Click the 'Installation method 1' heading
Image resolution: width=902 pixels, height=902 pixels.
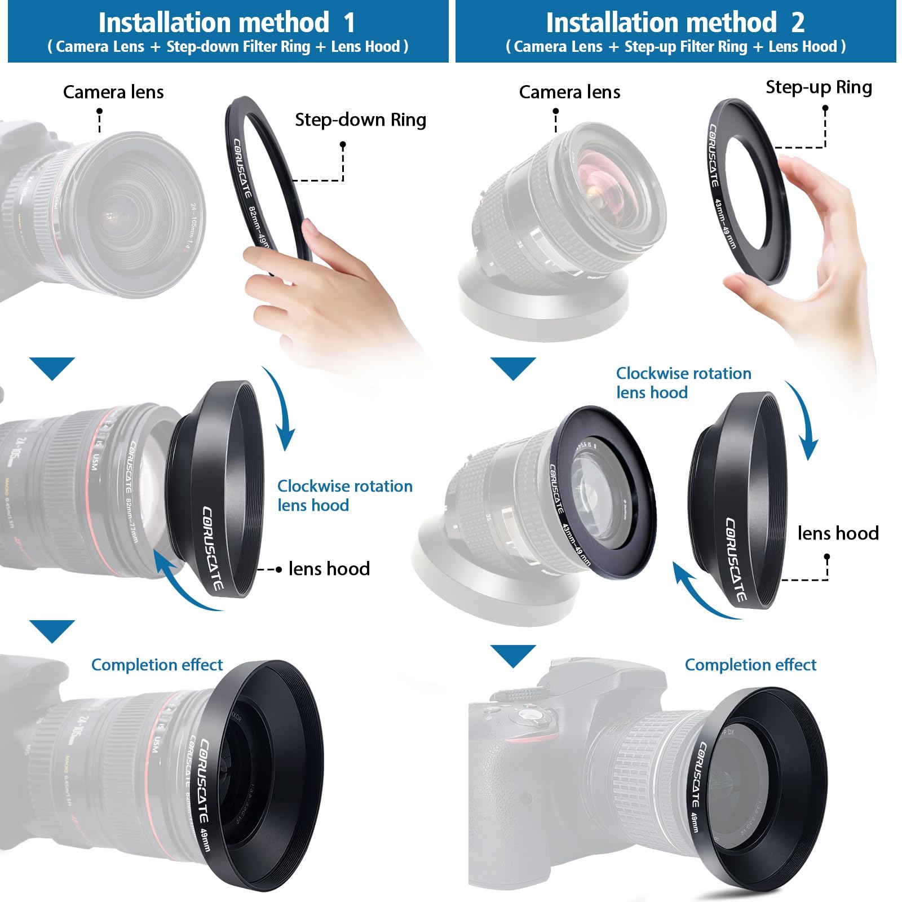[x=227, y=23]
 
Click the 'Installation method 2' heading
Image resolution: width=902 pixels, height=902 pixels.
[x=675, y=23]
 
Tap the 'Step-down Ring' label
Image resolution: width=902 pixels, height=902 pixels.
[x=360, y=120]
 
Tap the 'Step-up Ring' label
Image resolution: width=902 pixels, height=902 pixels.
[x=818, y=87]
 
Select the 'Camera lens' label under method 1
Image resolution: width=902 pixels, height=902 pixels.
[x=113, y=92]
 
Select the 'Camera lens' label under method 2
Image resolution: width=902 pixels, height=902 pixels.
[x=569, y=92]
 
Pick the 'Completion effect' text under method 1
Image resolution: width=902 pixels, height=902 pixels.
[x=157, y=665]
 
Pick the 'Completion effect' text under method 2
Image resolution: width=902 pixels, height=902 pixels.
[x=750, y=665]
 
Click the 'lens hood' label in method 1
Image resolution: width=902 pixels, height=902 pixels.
[x=329, y=569]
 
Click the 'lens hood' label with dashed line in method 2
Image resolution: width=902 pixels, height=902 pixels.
[x=838, y=533]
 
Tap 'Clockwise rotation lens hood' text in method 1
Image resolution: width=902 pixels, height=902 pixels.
[x=344, y=496]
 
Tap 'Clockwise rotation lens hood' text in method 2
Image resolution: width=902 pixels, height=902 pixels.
[x=683, y=383]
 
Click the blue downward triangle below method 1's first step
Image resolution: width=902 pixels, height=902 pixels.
[x=52, y=367]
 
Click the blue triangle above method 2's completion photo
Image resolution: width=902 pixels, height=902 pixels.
[x=513, y=655]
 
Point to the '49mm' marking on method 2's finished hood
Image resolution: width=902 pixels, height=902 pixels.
[x=695, y=822]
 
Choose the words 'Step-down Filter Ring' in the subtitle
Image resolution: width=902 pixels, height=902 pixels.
[x=238, y=47]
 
